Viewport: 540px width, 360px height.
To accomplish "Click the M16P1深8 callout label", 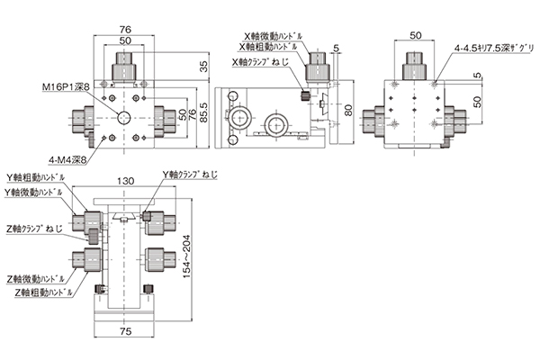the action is click(66, 87).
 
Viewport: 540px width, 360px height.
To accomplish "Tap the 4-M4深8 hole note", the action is click(67, 160).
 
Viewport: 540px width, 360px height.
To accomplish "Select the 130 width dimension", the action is click(125, 181).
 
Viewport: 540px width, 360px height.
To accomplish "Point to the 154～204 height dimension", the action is click(186, 256).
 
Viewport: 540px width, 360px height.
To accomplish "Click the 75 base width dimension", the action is click(125, 331).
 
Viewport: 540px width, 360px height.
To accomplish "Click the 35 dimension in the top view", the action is click(204, 67).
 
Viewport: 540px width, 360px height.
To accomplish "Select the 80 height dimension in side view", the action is click(348, 110).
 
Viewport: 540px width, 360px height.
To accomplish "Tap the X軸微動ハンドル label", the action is click(274, 36).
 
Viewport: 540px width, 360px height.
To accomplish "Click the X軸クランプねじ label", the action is click(261, 62).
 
